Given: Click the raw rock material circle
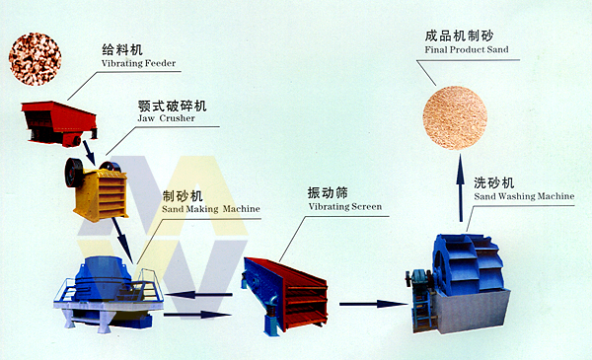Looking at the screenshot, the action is point(35,58).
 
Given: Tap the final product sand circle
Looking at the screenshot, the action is point(455,117).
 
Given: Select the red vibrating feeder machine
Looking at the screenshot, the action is point(59,123).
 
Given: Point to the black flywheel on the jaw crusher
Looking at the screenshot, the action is point(74,173).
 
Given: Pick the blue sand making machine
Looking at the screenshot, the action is point(109,294).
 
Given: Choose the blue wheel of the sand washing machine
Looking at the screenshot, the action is point(468,264).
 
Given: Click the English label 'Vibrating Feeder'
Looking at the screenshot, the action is point(138,63).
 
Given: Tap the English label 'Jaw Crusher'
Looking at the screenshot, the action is point(166,118).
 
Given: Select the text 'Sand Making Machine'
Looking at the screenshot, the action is point(211,209).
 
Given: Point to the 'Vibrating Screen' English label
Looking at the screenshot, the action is point(345,206).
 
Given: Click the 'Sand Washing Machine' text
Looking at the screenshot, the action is point(524,196).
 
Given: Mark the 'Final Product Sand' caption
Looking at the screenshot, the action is point(467,49).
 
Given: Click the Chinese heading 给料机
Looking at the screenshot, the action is point(122,49).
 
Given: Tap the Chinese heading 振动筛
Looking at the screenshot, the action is point(328,193).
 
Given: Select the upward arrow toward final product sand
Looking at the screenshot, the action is point(460,188).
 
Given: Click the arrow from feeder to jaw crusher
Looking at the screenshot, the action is point(89,153).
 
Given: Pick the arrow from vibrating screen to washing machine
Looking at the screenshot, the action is point(373,304).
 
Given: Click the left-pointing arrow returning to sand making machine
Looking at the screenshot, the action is point(199,294).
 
